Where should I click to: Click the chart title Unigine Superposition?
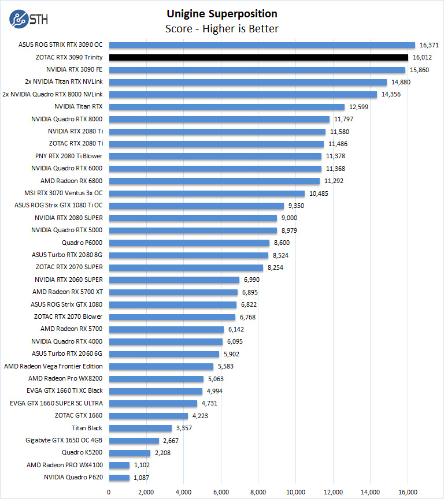pos(222,14)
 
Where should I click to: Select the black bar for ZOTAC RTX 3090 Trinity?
pos(258,57)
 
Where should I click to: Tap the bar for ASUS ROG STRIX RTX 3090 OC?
pos(262,45)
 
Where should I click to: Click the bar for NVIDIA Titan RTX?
pos(227,107)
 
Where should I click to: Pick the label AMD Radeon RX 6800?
pos(72,181)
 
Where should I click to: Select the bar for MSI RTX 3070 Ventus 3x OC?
pos(206,193)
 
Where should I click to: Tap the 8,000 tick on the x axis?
pos(258,492)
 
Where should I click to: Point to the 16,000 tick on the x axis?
pos(408,492)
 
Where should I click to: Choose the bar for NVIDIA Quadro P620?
pos(119,478)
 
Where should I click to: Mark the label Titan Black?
pos(87,428)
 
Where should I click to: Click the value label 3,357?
pos(186,428)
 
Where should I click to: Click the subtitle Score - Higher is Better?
pos(222,28)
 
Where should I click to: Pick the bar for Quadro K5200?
pos(129,453)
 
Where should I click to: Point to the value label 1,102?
pos(143,466)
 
